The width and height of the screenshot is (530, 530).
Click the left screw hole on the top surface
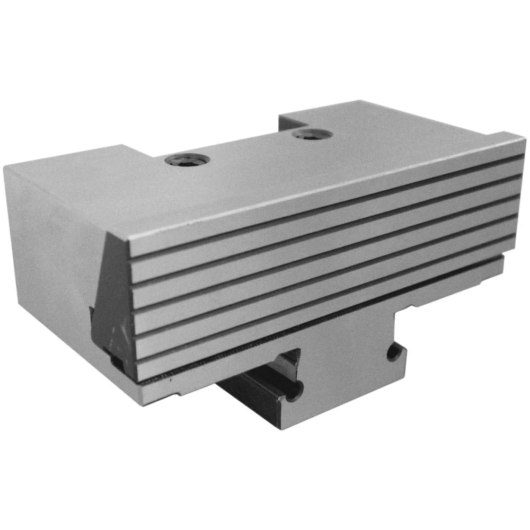(186, 160)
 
